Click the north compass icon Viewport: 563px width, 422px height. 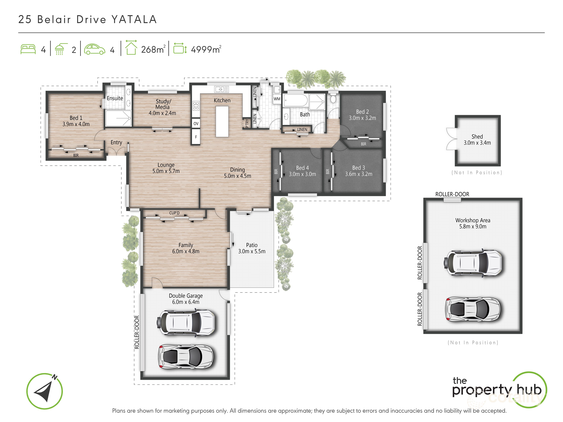tap(45, 391)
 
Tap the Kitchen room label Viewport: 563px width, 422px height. tap(222, 100)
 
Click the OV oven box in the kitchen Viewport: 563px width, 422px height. tap(196, 124)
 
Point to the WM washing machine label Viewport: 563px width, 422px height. tap(277, 99)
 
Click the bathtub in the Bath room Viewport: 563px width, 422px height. tap(295, 101)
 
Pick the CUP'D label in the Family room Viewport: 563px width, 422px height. tap(174, 213)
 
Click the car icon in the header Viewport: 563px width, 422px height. tap(94, 49)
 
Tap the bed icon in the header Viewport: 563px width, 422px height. tap(28, 49)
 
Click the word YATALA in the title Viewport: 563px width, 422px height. tap(134, 20)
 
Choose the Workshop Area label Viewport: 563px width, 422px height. tap(473, 220)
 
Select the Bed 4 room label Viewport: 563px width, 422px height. tap(302, 168)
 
